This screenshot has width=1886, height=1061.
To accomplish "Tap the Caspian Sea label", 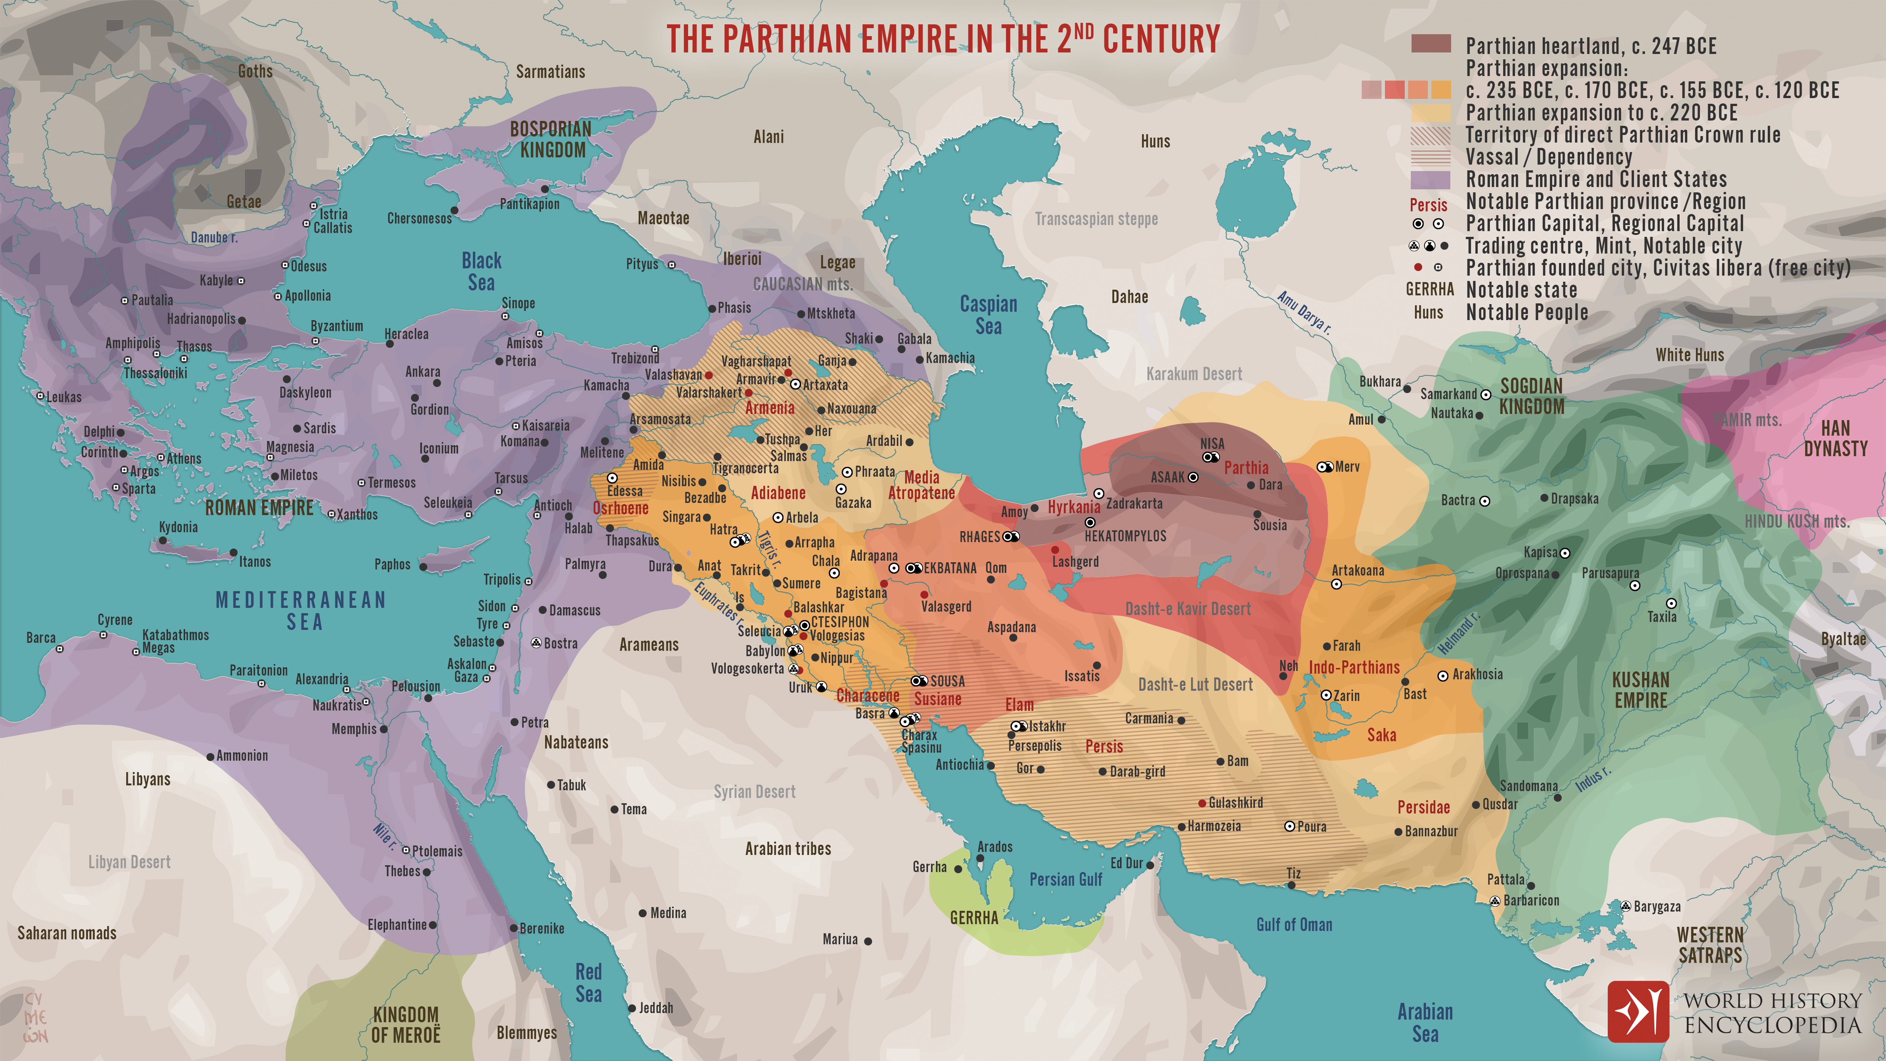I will pyautogui.click(x=988, y=315).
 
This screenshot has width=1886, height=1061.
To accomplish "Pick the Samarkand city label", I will pyautogui.click(x=1448, y=394).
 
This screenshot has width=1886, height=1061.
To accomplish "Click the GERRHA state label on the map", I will pyautogui.click(x=974, y=917).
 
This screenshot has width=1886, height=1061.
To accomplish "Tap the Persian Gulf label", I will pyautogui.click(x=1065, y=879).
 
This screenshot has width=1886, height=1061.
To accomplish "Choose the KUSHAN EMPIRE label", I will pyautogui.click(x=1641, y=690).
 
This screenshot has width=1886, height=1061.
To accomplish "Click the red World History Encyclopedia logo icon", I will pyautogui.click(x=1638, y=1011).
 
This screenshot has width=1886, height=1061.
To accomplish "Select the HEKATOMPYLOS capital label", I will pyautogui.click(x=1125, y=536).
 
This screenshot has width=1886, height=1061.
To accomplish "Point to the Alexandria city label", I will pyautogui.click(x=321, y=679).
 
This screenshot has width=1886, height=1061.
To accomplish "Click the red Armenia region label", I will pyautogui.click(x=769, y=408).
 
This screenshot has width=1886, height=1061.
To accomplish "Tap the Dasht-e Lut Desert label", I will pyautogui.click(x=1195, y=685).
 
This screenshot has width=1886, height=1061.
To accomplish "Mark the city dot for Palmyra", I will pyautogui.click(x=603, y=576).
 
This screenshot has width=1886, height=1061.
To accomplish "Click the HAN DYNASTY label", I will pyautogui.click(x=1835, y=438).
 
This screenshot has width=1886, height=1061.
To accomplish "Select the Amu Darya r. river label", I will pyautogui.click(x=1303, y=312).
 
